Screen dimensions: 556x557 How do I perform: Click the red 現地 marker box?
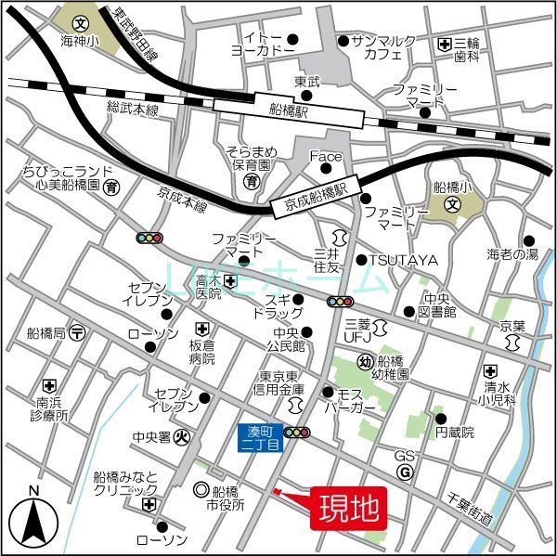[349, 508]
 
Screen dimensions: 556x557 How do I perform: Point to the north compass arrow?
[33, 519]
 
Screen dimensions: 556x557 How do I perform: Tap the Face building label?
[325, 156]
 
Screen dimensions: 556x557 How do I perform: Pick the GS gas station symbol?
[405, 472]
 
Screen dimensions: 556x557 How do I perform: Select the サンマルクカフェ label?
[382, 48]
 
